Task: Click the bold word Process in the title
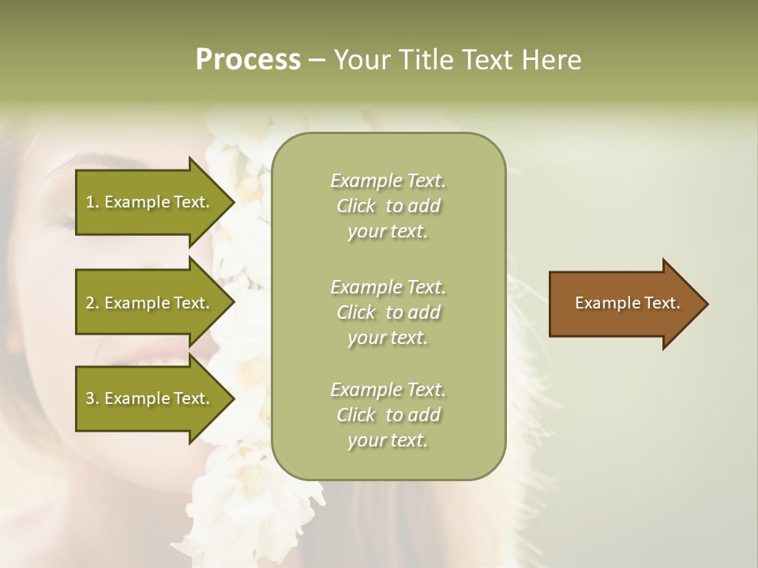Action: click(x=248, y=60)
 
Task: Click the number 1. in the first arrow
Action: click(x=92, y=202)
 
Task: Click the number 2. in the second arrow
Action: click(x=92, y=303)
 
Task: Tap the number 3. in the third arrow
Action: click(x=92, y=398)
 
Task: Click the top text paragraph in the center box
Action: click(x=388, y=206)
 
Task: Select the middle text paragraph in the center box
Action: click(x=388, y=312)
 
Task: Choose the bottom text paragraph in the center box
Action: click(x=388, y=415)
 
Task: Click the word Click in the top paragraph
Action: click(x=356, y=206)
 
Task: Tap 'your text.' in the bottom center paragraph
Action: click(x=388, y=440)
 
